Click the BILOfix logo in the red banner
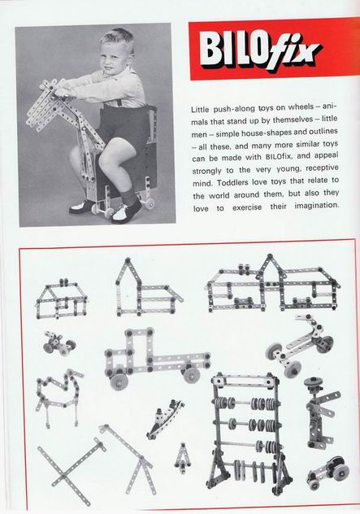pyautogui.click(x=258, y=51)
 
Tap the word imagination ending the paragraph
pyautogui.click(x=316, y=207)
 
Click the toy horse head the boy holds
pyautogui.click(x=49, y=105)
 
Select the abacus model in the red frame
pyautogui.click(x=249, y=433)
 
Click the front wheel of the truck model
pyautogui.click(x=119, y=381)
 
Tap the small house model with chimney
pyautogui.click(x=62, y=299)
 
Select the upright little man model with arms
pyautogui.click(x=319, y=412)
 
